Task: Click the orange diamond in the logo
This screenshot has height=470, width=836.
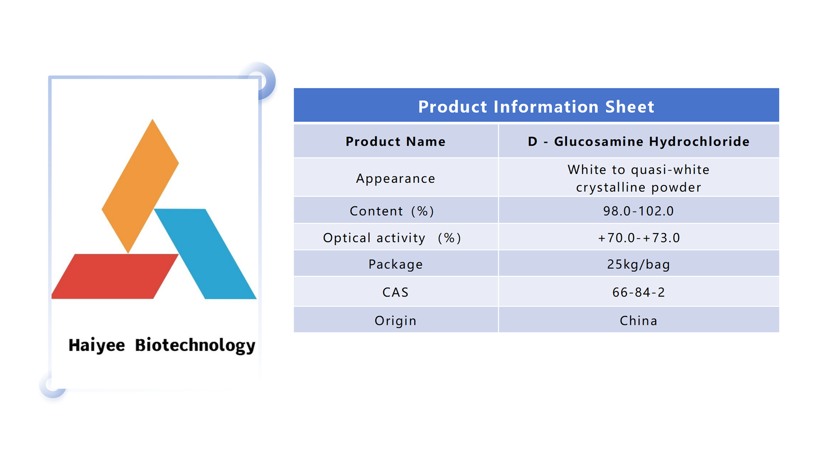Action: click(140, 186)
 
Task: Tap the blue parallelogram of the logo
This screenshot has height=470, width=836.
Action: click(205, 254)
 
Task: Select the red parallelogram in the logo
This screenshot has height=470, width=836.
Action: click(115, 276)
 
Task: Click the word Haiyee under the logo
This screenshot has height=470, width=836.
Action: click(97, 345)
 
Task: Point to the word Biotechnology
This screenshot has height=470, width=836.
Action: click(195, 345)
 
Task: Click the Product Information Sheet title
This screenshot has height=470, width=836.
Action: click(536, 107)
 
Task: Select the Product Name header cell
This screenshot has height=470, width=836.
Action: click(396, 142)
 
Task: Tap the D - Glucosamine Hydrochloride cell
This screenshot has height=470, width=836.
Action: click(638, 142)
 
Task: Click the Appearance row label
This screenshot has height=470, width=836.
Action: click(396, 179)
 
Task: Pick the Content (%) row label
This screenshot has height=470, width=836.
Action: click(392, 211)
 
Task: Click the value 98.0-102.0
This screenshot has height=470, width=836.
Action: click(638, 211)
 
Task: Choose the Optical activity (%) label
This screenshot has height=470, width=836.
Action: click(392, 238)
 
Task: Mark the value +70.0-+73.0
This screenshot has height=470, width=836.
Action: click(638, 238)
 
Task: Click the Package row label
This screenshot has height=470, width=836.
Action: click(396, 264)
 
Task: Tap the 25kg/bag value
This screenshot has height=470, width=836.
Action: click(638, 264)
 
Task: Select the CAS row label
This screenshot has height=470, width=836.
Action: click(396, 292)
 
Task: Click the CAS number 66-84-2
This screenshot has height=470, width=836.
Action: click(638, 292)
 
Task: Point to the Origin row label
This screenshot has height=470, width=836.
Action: click(396, 321)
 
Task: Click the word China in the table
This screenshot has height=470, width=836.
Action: click(638, 321)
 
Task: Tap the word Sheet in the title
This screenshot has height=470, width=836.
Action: click(630, 107)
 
